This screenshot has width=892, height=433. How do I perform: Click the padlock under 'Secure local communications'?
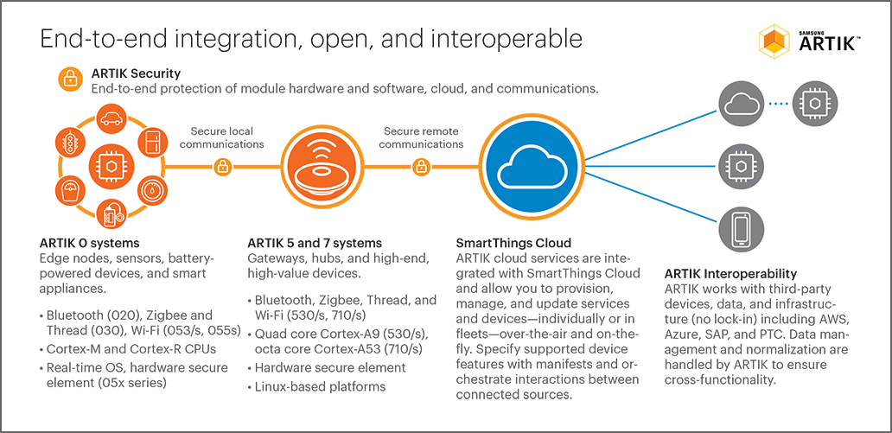click(222, 167)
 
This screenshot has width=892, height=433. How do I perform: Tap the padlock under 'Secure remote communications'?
click(420, 167)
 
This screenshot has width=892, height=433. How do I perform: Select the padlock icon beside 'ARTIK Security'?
click(70, 80)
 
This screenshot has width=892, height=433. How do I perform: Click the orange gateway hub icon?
click(322, 167)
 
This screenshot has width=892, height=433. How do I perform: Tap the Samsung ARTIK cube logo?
click(774, 41)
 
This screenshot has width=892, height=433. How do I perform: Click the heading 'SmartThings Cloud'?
click(513, 243)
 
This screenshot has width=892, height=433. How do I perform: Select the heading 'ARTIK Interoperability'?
click(730, 274)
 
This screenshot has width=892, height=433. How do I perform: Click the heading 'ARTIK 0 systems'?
click(89, 243)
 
